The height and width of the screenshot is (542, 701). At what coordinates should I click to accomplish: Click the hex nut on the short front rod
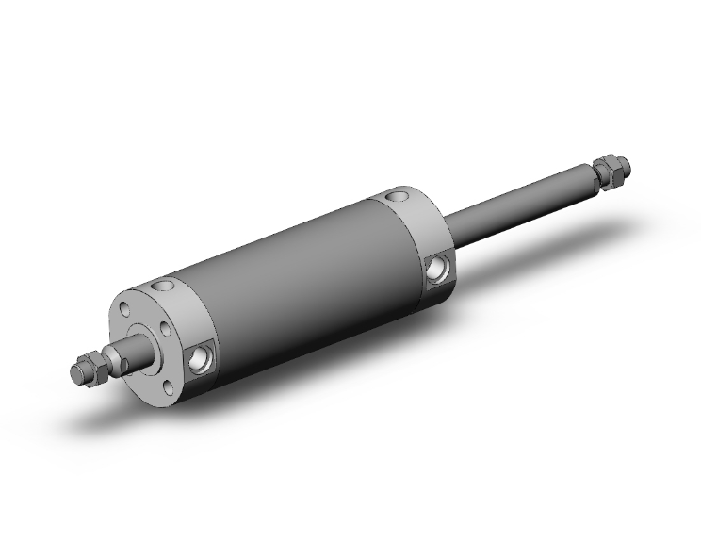coord(92,369)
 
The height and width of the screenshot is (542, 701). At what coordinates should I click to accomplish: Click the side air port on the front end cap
coord(201,358)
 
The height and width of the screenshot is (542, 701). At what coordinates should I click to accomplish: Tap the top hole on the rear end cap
coord(397,196)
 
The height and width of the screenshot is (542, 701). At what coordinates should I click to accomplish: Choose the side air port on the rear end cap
coord(435,271)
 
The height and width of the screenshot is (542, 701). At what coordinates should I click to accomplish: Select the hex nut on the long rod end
coord(610,172)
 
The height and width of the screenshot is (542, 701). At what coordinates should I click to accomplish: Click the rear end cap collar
coord(419,236)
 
